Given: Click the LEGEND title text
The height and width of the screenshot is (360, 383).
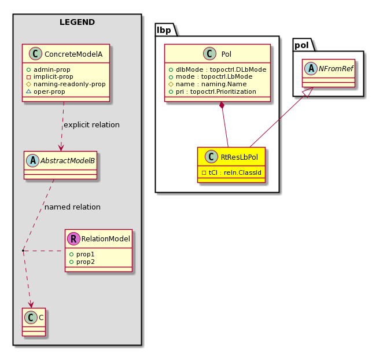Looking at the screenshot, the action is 77,22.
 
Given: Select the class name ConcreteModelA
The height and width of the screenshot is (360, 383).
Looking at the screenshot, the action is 73,54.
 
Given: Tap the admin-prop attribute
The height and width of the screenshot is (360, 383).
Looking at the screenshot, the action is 52,69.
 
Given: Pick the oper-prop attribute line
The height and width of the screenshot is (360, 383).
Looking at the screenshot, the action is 49,91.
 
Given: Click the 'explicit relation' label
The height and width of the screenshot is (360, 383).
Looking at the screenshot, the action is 91,124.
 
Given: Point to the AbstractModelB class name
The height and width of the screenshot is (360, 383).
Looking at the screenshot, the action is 68,160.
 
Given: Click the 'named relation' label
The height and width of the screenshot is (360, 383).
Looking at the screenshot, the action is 72,207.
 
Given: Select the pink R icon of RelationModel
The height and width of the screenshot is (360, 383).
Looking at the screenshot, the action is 73,238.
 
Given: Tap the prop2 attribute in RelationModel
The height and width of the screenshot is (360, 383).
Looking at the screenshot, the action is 85,262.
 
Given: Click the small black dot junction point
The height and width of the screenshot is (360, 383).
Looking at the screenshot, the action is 23,251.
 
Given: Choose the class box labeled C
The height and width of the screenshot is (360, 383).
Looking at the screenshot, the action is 34,322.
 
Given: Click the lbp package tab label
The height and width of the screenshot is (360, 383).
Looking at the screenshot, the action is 164,30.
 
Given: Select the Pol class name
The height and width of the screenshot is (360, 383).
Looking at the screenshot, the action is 226,54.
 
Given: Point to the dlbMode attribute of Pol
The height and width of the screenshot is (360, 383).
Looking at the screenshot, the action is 221,69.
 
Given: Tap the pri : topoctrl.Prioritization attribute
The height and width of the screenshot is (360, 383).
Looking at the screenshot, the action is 216,91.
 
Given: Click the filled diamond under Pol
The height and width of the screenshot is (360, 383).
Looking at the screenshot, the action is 222,105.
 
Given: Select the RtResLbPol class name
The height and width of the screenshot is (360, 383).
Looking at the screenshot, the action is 239,157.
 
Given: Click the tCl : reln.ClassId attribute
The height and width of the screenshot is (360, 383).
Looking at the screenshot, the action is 235,172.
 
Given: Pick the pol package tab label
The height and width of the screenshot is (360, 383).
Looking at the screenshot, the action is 301,45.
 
